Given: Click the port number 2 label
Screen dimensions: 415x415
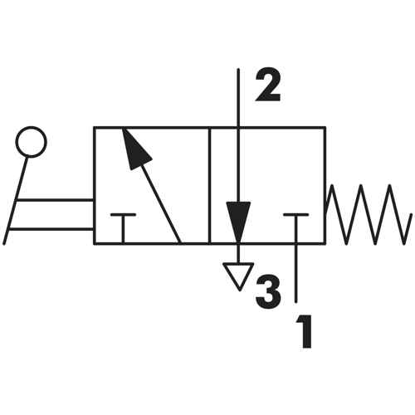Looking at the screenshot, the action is [x=268, y=85].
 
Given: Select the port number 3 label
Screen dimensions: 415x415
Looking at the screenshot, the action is [x=268, y=292].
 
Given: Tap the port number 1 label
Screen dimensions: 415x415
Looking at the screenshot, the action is [x=305, y=331].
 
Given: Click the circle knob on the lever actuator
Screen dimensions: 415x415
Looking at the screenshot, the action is [x=31, y=142].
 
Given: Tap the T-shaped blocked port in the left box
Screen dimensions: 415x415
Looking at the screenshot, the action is [x=123, y=228].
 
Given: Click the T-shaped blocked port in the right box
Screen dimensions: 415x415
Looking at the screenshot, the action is [x=296, y=228].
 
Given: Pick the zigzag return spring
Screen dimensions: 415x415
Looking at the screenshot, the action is [x=369, y=214].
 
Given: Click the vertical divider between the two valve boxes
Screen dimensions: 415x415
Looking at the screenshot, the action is [x=210, y=185].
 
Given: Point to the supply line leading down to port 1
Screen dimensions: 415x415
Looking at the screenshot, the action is [x=296, y=273].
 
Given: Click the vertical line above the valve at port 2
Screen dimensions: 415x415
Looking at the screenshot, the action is [x=238, y=97].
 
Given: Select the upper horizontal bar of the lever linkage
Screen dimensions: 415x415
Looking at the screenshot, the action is [x=55, y=200].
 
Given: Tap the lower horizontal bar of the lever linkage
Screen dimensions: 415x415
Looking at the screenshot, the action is [x=51, y=229].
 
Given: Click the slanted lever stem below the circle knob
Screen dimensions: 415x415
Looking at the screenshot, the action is [x=16, y=201].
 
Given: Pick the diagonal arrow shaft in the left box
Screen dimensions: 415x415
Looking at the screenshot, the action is [x=161, y=204].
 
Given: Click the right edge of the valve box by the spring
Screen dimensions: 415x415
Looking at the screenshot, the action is [x=325, y=185].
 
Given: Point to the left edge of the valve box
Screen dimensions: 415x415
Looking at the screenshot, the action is [x=95, y=185].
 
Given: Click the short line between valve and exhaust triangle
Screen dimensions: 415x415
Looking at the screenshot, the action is [x=238, y=254].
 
